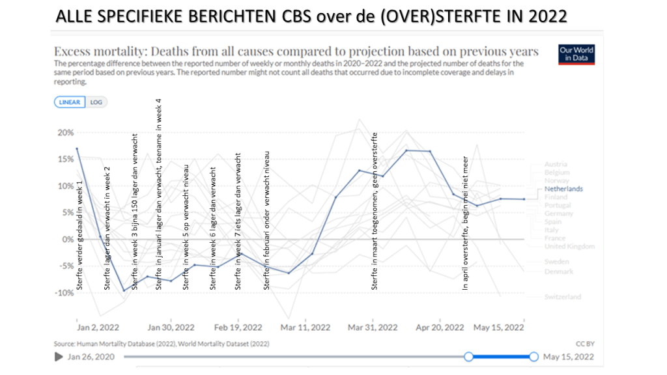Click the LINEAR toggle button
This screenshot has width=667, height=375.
[70, 102]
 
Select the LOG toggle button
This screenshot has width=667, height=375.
[96, 102]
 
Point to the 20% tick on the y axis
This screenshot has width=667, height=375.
[66, 132]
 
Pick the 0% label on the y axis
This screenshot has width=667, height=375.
[68, 240]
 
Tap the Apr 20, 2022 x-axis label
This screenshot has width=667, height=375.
[440, 327]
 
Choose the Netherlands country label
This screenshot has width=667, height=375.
[563, 189]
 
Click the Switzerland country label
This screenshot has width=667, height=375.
[563, 297]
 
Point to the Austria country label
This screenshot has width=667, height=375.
[556, 164]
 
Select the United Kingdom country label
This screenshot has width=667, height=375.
[569, 247]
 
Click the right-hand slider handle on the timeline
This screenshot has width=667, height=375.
[534, 357]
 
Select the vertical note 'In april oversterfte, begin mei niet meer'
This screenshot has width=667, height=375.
[465, 223]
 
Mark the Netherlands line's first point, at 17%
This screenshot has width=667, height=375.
[78, 148]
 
